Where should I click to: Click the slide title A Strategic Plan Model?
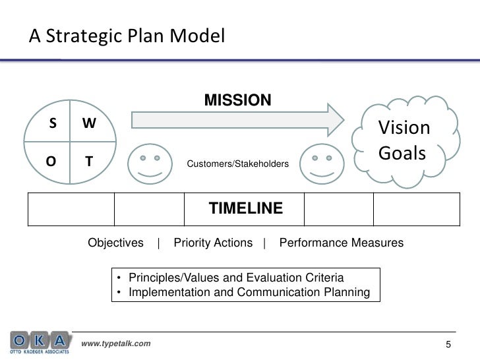[x=127, y=36]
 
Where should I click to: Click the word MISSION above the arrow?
[x=237, y=100]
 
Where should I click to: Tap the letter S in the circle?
[x=51, y=124]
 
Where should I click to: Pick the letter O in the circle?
[x=50, y=161]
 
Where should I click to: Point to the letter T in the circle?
[x=88, y=161]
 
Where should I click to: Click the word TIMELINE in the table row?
[x=246, y=209]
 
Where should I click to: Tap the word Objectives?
[x=116, y=243]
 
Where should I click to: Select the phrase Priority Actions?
[x=213, y=243]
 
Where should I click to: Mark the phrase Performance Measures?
[x=342, y=243]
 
